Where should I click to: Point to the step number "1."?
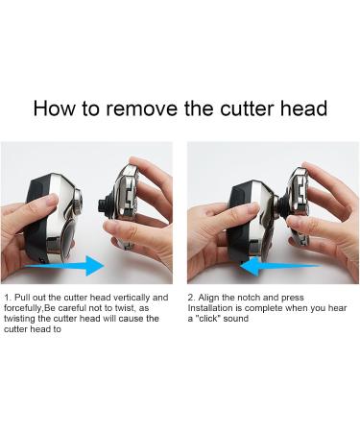(x=8, y=298)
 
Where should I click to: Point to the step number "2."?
(x=191, y=298)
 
